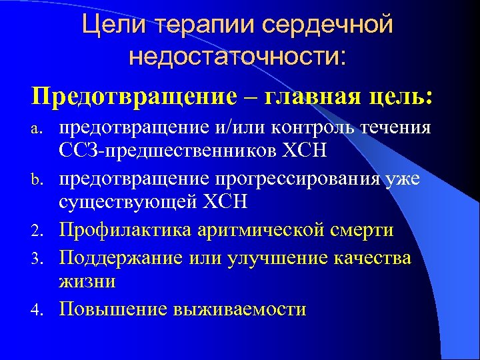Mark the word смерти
(x=363, y=230)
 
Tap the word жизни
(x=87, y=281)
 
